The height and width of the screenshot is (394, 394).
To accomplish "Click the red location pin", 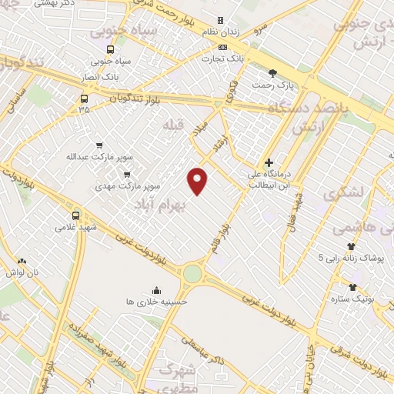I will point(198,180).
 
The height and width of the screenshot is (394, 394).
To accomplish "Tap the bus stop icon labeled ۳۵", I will point(84,98).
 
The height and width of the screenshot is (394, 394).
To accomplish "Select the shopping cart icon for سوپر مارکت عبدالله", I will point(98,145).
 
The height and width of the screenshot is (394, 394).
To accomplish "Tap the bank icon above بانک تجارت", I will point(222,46).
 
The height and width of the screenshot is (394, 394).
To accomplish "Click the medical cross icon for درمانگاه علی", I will point(269,162).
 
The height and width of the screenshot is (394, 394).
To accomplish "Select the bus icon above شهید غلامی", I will point(75,215).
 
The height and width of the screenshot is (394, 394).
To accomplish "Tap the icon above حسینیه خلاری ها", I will point(157,290).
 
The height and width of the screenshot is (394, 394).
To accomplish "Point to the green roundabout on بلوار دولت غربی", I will point(192,273).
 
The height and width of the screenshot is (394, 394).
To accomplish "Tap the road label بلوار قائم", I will point(222,239).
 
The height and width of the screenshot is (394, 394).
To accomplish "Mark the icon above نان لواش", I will point(21,261).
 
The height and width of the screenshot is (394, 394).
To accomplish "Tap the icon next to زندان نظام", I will point(220,20).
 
